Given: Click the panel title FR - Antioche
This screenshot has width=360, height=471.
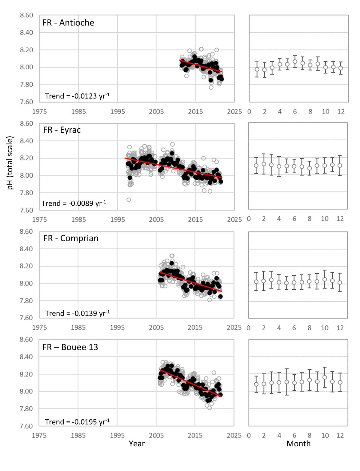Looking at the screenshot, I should pyautogui.click(x=68, y=23).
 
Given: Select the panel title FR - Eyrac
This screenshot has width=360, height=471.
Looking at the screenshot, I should pyautogui.click(x=62, y=130).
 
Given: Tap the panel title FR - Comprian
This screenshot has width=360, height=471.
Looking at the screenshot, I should pyautogui.click(x=71, y=239).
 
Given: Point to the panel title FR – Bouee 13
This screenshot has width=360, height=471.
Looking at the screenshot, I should pyautogui.click(x=70, y=347).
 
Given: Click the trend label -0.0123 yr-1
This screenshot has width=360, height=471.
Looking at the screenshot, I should pyautogui.click(x=77, y=96).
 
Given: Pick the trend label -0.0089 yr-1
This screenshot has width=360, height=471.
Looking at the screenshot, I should pyautogui.click(x=74, y=203).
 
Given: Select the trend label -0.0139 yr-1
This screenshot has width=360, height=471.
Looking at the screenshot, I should pyautogui.click(x=77, y=313).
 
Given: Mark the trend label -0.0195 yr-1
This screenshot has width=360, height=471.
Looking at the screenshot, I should pyautogui.click(x=77, y=422).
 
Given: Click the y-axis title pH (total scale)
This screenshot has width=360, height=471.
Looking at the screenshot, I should pyautogui.click(x=10, y=163).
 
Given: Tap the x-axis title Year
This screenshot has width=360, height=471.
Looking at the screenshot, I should pyautogui.click(x=137, y=444).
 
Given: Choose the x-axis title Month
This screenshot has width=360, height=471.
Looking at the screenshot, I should pyautogui.click(x=298, y=444).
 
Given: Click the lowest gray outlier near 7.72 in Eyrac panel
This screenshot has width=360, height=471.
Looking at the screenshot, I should pyautogui.click(x=129, y=200).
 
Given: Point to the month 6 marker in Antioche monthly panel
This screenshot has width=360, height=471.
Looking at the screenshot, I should pyautogui.click(x=295, y=62).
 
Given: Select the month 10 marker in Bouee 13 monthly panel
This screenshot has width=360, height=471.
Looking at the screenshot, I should pyautogui.click(x=325, y=377).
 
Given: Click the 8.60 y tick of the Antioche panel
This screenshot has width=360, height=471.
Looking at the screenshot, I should pyautogui.click(x=26, y=15).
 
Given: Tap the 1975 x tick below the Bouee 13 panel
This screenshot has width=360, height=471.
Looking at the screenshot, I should pyautogui.click(x=39, y=436).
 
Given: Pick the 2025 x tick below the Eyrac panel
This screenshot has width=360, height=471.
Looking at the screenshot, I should pyautogui.click(x=234, y=219).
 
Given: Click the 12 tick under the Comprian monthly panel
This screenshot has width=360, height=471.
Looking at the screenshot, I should pyautogui.click(x=340, y=328).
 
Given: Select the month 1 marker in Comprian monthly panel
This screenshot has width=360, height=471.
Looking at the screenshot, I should pyautogui.click(x=256, y=281).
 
